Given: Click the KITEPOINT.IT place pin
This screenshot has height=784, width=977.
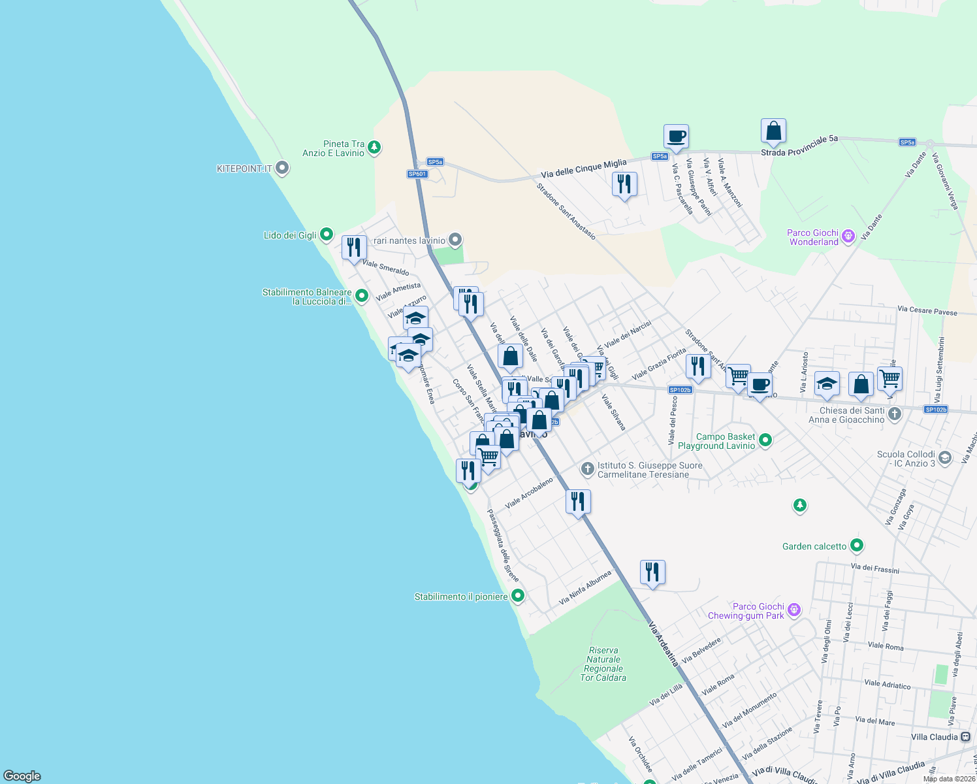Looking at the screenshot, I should point(282,169).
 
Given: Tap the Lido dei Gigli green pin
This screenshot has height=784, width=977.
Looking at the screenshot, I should point(327,235).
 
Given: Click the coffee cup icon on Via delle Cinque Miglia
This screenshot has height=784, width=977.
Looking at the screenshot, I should point(676,137).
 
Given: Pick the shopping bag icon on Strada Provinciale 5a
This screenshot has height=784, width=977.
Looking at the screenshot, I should point(773,131).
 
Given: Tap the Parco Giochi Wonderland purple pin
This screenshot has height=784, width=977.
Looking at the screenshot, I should point(848,236).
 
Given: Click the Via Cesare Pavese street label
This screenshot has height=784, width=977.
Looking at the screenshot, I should point(927,310).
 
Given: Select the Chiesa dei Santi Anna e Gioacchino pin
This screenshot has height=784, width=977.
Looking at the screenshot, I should point(895,414).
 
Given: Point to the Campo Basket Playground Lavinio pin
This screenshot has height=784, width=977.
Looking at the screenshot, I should point(765,440).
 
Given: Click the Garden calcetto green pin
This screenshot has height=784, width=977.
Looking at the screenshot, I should point(857,545).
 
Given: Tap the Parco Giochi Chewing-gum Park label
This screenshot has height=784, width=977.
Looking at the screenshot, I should point(746,611).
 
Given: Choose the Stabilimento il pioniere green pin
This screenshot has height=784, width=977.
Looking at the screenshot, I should point(518,596).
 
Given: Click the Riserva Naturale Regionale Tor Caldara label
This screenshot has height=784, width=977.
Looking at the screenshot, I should point(603,664).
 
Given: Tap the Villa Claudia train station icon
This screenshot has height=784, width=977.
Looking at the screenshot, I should point(965,736).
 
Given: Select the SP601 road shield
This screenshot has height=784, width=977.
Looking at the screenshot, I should point(417,174).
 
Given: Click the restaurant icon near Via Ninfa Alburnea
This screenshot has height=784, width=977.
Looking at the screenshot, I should point(652,572).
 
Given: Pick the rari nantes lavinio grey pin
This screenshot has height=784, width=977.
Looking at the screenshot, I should point(455,240).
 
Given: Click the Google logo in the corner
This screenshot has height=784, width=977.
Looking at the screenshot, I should point(22,776).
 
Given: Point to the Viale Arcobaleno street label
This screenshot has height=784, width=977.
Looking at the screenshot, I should point(529,493).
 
